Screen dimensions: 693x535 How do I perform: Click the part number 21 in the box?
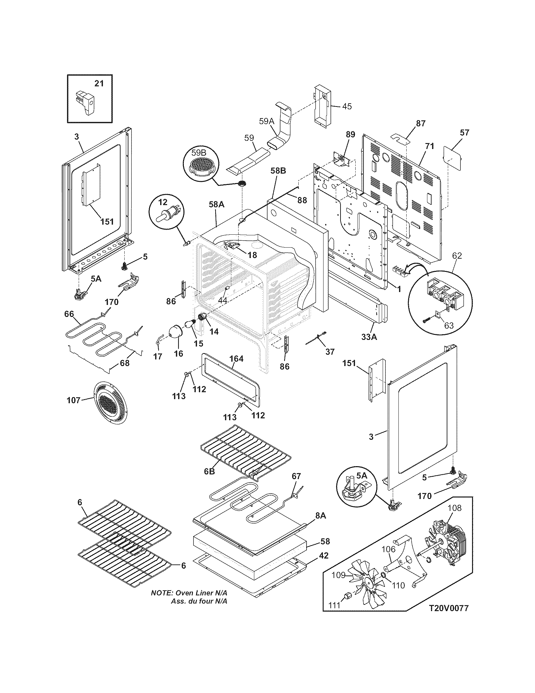99,83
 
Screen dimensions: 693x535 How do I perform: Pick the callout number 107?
74,400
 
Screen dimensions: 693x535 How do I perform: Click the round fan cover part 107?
110,403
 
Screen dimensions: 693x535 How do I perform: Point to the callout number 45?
347,106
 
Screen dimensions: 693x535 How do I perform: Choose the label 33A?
369,337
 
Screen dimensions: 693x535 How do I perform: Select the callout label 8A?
320,516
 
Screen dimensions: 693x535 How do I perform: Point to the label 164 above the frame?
236,358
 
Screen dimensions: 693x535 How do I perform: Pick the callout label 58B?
278,171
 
